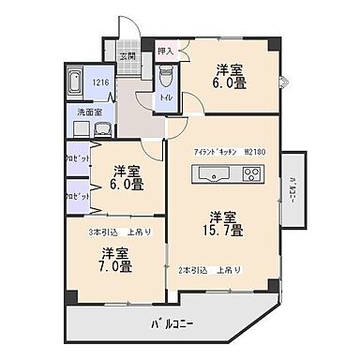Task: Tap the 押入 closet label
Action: (x=165, y=52)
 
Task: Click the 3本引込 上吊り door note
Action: (x=120, y=232)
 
